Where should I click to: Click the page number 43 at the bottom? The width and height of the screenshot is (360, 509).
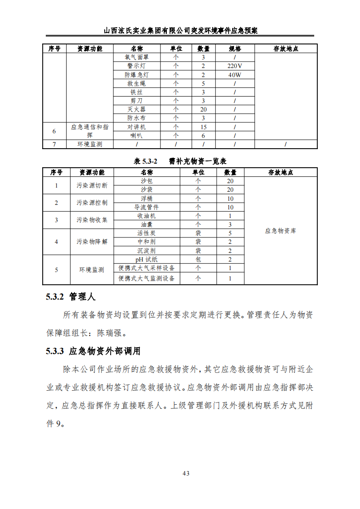185,473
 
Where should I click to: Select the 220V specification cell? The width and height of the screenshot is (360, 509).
234,66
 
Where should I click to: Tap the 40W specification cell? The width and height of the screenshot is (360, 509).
234,75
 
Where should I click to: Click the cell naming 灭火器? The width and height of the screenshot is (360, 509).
136,110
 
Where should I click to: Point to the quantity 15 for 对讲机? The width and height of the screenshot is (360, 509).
203,127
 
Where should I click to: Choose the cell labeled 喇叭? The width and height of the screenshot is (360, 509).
136,136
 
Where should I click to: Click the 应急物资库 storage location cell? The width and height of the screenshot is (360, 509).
280,231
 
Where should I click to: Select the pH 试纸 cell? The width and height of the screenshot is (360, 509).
146,259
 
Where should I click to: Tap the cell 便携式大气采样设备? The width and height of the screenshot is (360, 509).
146,268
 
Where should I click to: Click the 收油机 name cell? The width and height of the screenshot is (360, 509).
146,216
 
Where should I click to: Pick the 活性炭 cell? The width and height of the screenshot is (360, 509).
146,233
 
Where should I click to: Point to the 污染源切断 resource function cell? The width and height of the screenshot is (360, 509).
92,185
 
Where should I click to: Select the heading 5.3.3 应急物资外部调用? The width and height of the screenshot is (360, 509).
93,351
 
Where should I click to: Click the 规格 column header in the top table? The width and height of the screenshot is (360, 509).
234,48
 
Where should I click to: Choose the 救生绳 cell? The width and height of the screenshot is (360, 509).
136,84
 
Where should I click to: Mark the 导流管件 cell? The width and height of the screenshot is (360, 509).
146,207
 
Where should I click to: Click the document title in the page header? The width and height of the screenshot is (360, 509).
180,31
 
